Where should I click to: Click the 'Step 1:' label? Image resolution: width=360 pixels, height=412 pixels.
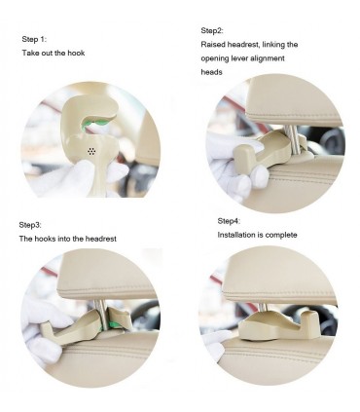pyautogui.click(x=34, y=39)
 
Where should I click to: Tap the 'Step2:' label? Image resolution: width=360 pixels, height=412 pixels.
pyautogui.click(x=212, y=30)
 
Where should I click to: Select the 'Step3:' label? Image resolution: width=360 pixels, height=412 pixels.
pyautogui.click(x=30, y=225)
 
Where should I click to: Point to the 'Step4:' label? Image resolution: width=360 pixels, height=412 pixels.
pyautogui.click(x=229, y=221)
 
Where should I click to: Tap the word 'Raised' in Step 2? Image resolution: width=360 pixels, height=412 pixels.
pyautogui.click(x=213, y=44)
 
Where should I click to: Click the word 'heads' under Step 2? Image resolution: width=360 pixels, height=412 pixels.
pyautogui.click(x=211, y=72)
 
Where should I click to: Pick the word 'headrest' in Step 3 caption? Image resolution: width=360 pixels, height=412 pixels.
pyautogui.click(x=101, y=239)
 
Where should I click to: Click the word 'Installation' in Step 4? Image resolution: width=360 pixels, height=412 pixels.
pyautogui.click(x=235, y=235)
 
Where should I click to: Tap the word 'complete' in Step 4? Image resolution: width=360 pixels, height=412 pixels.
pyautogui.click(x=281, y=235)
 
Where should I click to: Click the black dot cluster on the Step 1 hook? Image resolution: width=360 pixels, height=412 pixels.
pyautogui.click(x=91, y=151)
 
